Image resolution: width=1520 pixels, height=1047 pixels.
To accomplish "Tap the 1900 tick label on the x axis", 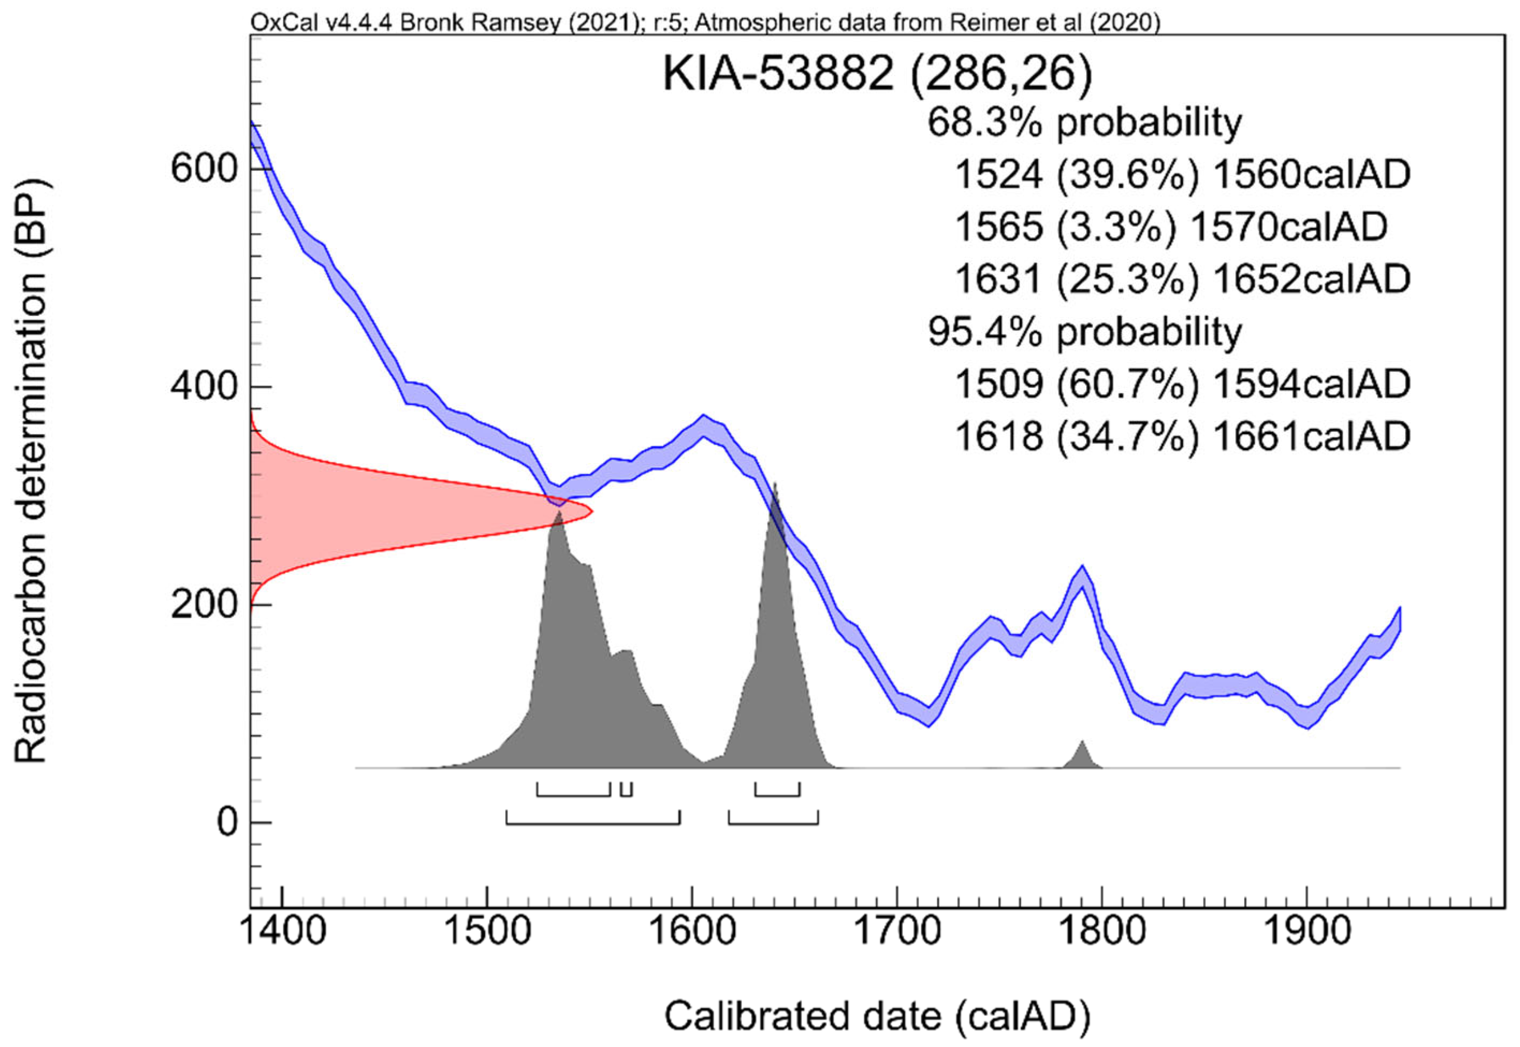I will pos(1307,932).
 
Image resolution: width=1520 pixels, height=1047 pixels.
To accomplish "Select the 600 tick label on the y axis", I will pos(203,169).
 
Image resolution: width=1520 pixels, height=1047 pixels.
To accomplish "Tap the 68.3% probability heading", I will pos(1085,122).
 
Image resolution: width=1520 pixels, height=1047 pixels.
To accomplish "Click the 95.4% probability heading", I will pos(1085,333).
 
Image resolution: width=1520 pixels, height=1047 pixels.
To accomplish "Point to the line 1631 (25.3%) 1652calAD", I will pos(1182,279).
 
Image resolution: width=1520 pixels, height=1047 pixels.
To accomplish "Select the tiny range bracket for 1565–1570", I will pos(626,790).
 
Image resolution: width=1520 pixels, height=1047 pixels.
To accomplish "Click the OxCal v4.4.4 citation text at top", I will pos(705,23).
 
